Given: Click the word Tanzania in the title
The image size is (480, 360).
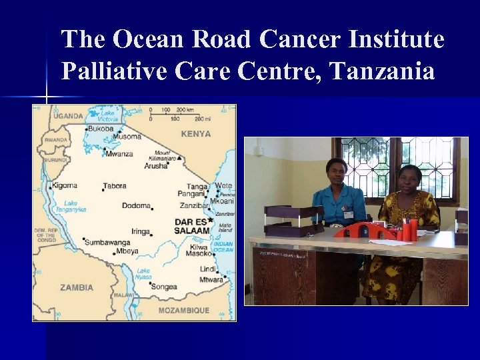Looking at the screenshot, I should [381, 71].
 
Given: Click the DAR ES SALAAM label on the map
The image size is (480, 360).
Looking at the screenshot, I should [192, 226].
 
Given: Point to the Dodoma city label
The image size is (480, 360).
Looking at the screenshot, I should [136, 205].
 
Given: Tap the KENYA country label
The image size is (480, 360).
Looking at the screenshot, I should [195, 133].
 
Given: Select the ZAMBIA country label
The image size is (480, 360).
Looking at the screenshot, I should [77, 287].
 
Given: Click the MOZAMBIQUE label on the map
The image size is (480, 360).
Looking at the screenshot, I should [183, 311].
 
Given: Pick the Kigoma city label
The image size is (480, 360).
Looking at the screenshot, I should [65, 185].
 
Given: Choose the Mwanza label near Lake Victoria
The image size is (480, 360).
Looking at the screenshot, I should [118, 153].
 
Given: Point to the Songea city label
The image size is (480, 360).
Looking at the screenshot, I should [164, 287].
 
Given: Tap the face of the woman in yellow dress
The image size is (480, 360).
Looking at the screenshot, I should [408, 178].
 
